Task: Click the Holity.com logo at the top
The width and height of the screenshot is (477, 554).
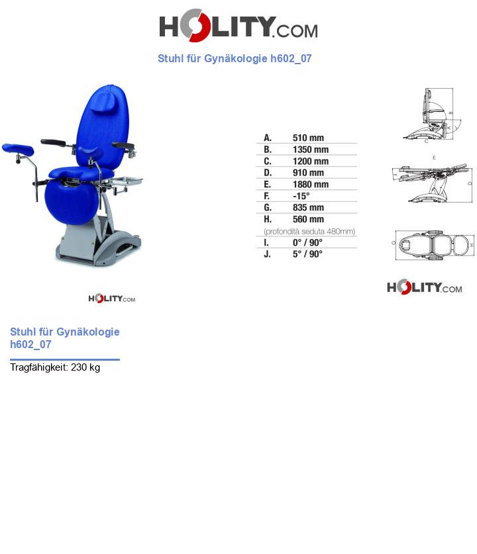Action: click(x=238, y=26)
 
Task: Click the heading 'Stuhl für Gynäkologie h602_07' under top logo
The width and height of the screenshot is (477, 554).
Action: click(x=235, y=58)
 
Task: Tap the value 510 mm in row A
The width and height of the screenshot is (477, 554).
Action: click(x=308, y=138)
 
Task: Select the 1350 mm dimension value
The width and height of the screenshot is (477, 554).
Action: click(x=310, y=150)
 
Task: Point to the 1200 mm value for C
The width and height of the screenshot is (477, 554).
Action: click(x=310, y=161)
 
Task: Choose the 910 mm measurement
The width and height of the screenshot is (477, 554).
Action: click(x=308, y=173)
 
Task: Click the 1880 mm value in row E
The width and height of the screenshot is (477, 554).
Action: click(x=310, y=184)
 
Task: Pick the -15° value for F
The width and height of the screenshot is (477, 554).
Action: click(x=301, y=196)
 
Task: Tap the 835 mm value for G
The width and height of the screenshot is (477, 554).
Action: click(x=308, y=208)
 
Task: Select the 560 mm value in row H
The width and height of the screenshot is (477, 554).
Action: click(x=308, y=219)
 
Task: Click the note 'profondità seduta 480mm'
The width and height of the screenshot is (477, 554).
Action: click(x=309, y=231)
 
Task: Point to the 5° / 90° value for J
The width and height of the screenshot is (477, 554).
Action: click(x=307, y=254)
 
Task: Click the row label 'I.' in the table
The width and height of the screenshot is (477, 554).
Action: click(x=266, y=242)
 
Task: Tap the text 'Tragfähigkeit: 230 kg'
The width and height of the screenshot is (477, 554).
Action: click(x=55, y=367)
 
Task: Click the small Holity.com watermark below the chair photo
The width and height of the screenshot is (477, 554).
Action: click(x=111, y=299)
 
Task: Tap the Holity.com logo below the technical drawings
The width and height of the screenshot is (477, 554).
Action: click(x=424, y=287)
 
